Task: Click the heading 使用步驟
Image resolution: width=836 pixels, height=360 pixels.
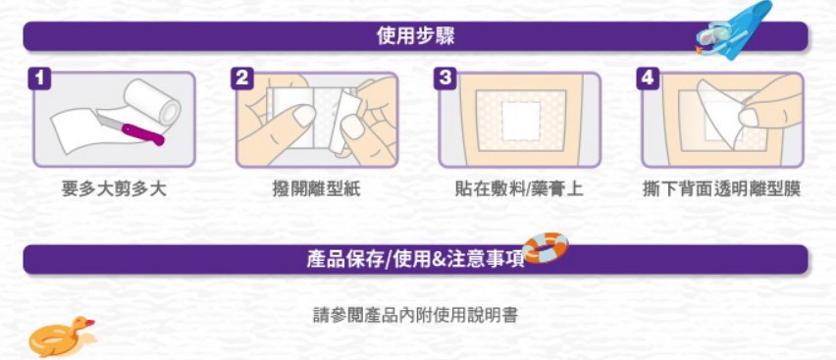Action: tap(415, 36)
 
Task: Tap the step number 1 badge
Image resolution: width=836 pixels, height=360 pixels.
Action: tap(40, 79)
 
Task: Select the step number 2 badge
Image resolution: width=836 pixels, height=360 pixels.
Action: tap(242, 79)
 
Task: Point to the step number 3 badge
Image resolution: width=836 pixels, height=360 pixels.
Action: tap(444, 79)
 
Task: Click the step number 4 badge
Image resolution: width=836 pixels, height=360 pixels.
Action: tap(648, 79)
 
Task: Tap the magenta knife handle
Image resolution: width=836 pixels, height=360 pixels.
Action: tap(143, 133)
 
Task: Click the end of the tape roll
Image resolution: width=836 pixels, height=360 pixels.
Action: tap(171, 110)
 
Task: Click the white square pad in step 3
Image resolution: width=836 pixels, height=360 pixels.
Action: tap(521, 121)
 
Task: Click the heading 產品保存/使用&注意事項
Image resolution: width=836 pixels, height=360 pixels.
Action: tap(415, 260)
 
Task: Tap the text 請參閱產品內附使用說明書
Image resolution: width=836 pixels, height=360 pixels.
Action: tap(415, 315)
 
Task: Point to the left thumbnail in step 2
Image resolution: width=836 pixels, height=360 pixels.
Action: tap(304, 115)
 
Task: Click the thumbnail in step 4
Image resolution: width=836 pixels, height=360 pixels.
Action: tap(749, 118)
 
